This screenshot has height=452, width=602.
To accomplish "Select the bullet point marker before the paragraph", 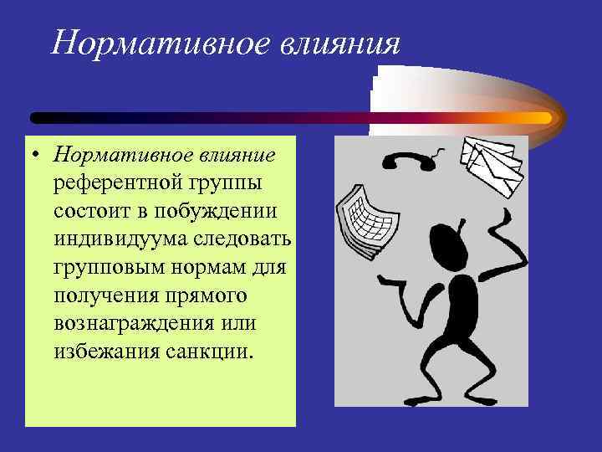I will click(38, 156).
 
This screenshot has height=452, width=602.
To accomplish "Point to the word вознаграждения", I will click(130, 321).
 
